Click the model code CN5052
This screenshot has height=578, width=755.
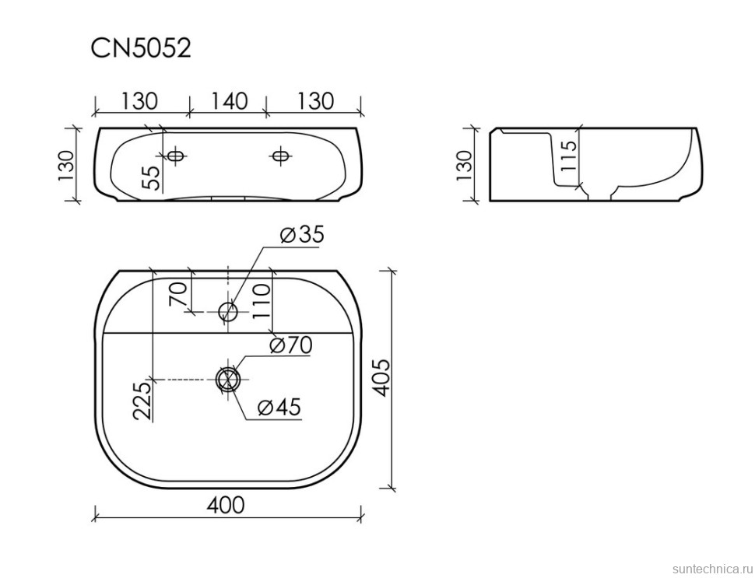(141, 48)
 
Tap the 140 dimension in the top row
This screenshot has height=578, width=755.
(229, 101)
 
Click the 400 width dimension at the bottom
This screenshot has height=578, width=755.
(226, 505)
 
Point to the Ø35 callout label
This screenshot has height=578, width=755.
(302, 234)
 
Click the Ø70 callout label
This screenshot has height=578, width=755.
(290, 345)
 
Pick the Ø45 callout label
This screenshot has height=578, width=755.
(279, 407)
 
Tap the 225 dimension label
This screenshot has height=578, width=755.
(142, 401)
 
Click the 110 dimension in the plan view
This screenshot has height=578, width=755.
(262, 301)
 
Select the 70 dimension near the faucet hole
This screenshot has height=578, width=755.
(177, 294)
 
